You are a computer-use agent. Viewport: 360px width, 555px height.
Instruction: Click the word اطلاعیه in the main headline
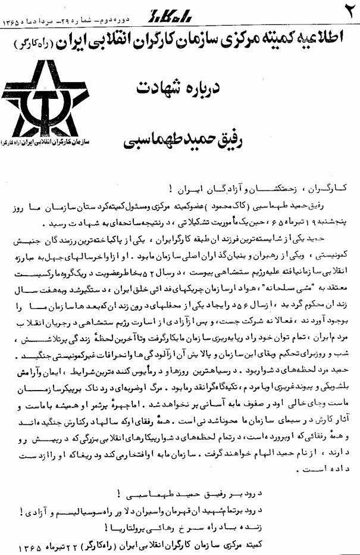321,43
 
